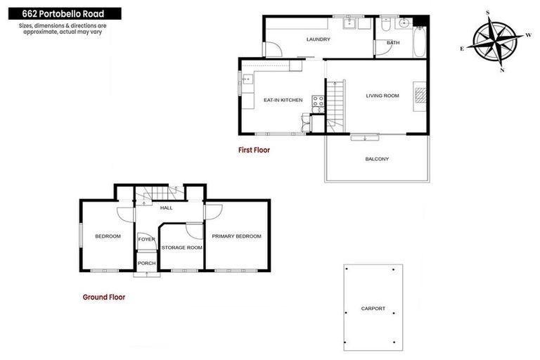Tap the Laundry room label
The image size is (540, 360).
tap(318, 39)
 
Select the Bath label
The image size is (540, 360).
tap(393, 43)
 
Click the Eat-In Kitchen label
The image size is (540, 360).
tap(283, 100)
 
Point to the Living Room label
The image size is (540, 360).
tap(382, 96)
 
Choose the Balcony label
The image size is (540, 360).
tap(377, 159)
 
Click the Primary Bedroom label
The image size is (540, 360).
tap(236, 236)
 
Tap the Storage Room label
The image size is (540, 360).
tap(181, 247)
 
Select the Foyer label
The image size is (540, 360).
tap(146, 240)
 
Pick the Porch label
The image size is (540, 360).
tap(146, 263)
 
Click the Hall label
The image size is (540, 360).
tap(167, 208)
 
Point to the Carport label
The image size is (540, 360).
tap(373, 309)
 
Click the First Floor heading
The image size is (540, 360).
tap(254, 150)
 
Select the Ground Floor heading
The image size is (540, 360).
tap(104, 297)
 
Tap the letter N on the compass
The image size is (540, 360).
tap(501, 70)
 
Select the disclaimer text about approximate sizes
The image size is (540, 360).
tap(60, 29)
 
